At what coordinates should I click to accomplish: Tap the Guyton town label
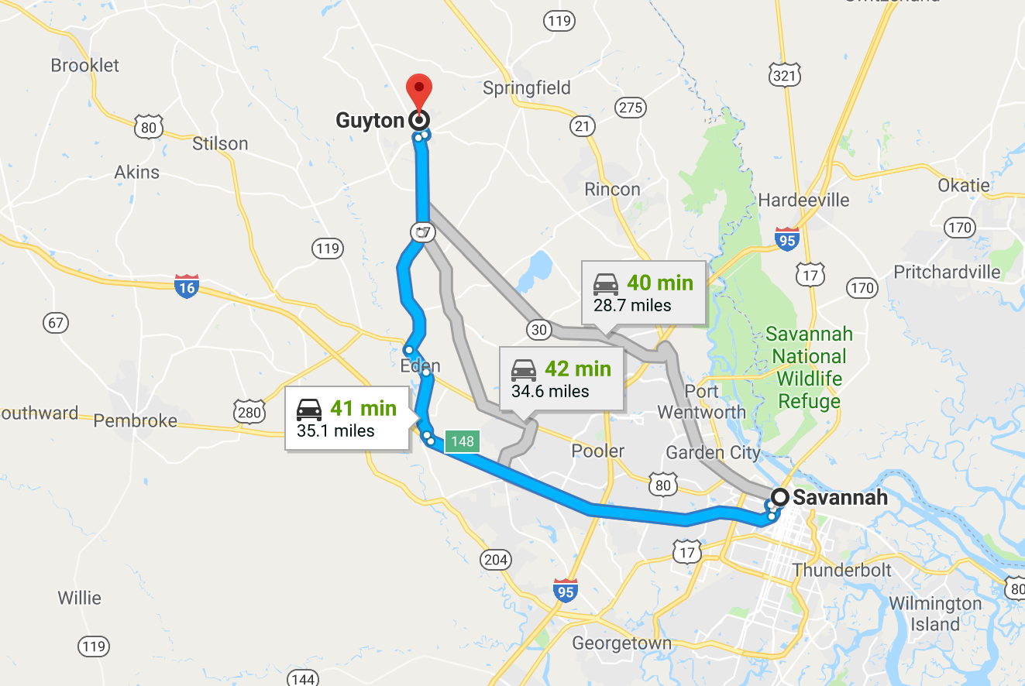tap(370, 121)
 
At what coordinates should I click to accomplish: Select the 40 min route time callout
tap(644, 292)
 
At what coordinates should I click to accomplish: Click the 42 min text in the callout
tap(578, 369)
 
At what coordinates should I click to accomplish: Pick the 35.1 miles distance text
tap(335, 431)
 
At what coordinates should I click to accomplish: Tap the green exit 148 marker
tap(462, 442)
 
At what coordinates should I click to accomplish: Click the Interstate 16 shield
tap(187, 286)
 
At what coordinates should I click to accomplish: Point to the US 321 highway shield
tap(785, 75)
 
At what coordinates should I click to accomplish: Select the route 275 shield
tap(631, 108)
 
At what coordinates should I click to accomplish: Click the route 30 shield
tap(539, 330)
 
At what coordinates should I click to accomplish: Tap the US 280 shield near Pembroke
tap(249, 413)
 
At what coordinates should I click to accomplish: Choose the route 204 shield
tap(495, 559)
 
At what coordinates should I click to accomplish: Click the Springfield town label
tap(526, 88)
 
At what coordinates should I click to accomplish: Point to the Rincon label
tap(612, 190)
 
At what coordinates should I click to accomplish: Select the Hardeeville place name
tap(803, 201)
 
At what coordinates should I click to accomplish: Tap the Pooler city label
tap(597, 451)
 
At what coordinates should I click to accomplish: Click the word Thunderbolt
tap(842, 571)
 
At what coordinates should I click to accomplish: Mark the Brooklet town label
tap(85, 66)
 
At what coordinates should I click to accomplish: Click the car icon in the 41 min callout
tap(309, 410)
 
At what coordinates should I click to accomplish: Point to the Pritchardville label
tap(947, 273)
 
